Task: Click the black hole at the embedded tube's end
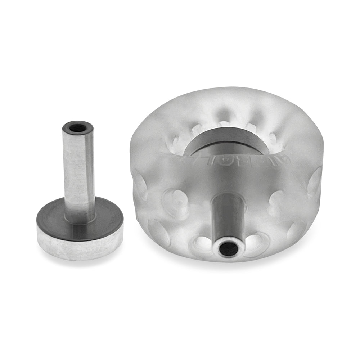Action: click(227, 248)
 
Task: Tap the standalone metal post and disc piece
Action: click(80, 202)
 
